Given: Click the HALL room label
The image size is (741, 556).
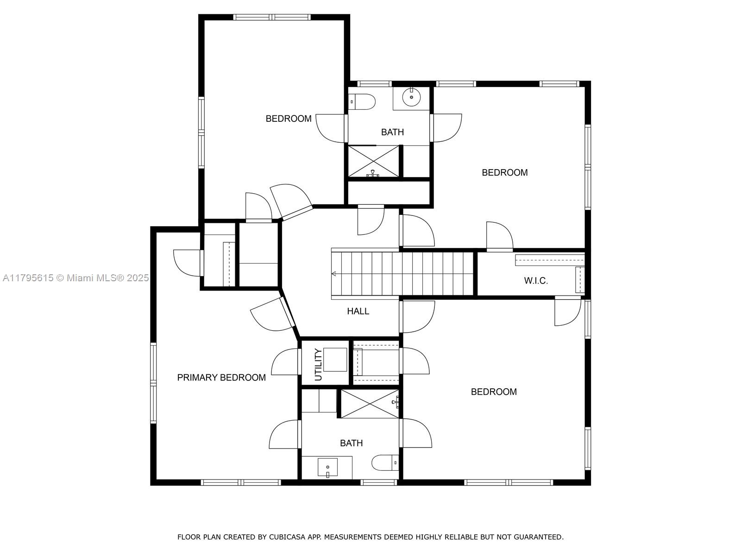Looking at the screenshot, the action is tap(358, 311).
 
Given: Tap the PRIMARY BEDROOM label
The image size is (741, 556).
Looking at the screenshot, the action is tap(221, 378).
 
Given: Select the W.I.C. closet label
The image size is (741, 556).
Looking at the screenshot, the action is tap(536, 280).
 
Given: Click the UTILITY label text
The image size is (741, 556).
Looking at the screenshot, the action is tap(318, 365).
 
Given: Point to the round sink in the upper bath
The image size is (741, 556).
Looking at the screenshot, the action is tap(411, 97).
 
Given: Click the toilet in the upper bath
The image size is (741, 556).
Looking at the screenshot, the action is tap(362, 101).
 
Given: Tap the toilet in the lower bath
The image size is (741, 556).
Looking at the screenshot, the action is tap(385, 463).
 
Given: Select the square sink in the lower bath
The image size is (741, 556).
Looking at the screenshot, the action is tap(327, 467).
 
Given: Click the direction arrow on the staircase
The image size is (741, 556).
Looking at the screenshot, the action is tap(334, 274).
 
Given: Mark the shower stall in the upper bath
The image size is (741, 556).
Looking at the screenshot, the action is tap(373, 161).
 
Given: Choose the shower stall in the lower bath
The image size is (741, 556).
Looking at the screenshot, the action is tap(370, 404).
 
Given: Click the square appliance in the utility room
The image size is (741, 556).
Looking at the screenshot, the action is tap(335, 360).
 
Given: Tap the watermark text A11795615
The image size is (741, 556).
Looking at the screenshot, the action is tap(28, 278).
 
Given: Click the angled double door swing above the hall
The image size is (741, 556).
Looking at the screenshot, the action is tap(291, 201).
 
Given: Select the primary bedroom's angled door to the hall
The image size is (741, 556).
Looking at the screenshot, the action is tap(273, 315).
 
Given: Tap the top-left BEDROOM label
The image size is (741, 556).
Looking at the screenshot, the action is tap(289, 119).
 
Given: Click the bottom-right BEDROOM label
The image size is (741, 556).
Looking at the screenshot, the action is tap(494, 392).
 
